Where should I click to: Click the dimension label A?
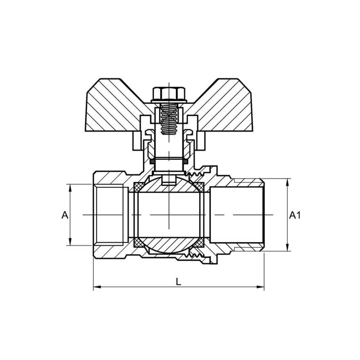(65, 215)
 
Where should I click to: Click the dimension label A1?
(295, 215)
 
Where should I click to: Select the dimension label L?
(178, 281)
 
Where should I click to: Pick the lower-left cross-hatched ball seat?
(139, 243)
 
